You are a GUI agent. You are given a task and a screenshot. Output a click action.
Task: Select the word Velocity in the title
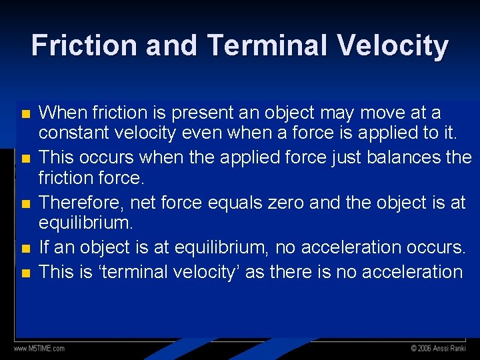point(393,46)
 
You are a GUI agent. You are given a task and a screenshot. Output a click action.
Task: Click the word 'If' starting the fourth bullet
point(45,247)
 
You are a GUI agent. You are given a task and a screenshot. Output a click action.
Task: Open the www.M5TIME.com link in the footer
point(39,348)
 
